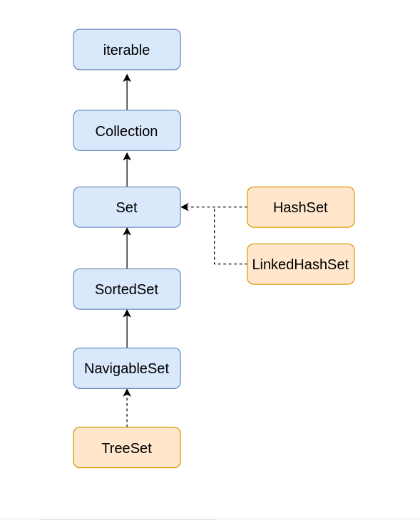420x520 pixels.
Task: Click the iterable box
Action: tap(127, 49)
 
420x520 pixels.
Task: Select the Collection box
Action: tap(127, 130)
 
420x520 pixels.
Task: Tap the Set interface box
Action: tap(127, 207)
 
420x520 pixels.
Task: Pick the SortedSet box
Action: tap(127, 289)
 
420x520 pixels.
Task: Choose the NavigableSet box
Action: tap(127, 368)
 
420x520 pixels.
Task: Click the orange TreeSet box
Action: tap(127, 447)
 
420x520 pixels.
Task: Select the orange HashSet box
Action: tap(300, 207)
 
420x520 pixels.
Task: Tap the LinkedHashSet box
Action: tap(300, 264)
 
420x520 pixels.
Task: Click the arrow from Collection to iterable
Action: tap(127, 92)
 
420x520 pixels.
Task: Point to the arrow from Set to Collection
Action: tap(127, 170)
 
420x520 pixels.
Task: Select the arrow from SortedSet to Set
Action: tap(127, 248)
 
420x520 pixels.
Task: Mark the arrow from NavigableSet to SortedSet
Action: tap(127, 328)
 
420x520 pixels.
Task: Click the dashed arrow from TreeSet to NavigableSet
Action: tap(127, 408)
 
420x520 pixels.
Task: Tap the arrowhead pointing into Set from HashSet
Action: tap(185, 207)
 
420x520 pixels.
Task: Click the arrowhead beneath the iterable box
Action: tap(127, 78)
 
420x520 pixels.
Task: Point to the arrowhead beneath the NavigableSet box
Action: tap(127, 392)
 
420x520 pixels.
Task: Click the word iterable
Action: tap(126, 50)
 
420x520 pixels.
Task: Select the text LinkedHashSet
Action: tap(300, 264)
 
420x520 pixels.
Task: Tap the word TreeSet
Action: tap(126, 448)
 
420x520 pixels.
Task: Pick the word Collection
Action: tap(126, 131)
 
